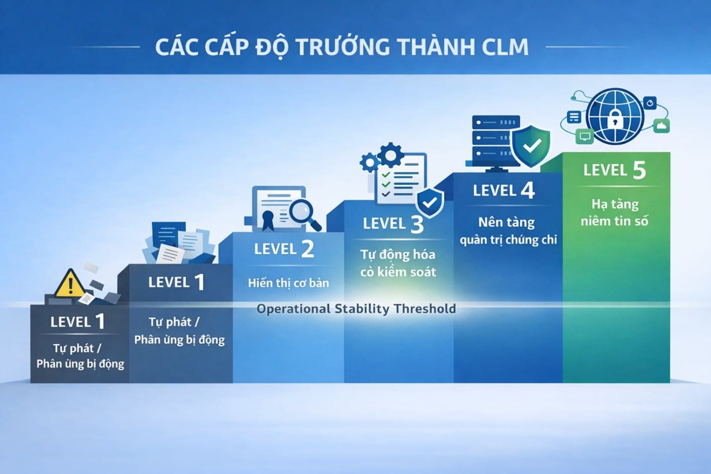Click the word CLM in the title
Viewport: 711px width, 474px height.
coord(505,47)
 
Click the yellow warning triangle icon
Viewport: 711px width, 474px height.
coord(70,283)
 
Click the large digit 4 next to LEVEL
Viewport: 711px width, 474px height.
coord(528,190)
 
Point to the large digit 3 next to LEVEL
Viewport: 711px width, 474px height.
coord(417,224)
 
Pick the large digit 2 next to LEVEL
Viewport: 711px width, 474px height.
coord(307,249)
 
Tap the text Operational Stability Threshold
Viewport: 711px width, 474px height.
coord(356,308)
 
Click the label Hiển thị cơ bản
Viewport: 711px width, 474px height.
coord(288,283)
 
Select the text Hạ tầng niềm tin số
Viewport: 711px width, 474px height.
coord(615,212)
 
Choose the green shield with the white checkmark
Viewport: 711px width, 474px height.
coord(532,146)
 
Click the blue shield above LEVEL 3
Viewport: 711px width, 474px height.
coord(430,202)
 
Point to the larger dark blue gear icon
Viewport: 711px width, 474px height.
coord(391,155)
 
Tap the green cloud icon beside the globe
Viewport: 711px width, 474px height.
coord(662,126)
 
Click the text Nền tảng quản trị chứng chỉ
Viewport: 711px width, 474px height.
coord(508,231)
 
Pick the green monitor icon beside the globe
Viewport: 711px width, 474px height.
coord(585,136)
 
